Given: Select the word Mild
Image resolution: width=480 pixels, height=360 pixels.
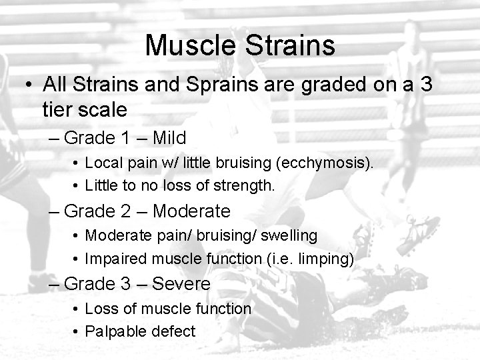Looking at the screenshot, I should pyautogui.click(x=169, y=138).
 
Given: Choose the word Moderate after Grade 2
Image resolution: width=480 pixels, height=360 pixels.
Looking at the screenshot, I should pyautogui.click(x=191, y=211).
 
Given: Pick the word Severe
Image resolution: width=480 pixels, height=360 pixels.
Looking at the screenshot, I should pyautogui.click(x=181, y=284).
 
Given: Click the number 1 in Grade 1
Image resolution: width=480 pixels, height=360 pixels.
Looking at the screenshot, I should pyautogui.click(x=126, y=138).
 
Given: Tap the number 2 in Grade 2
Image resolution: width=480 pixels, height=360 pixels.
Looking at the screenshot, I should pyautogui.click(x=126, y=211).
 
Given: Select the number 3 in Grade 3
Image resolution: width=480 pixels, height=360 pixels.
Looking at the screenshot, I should pyautogui.click(x=126, y=284).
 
